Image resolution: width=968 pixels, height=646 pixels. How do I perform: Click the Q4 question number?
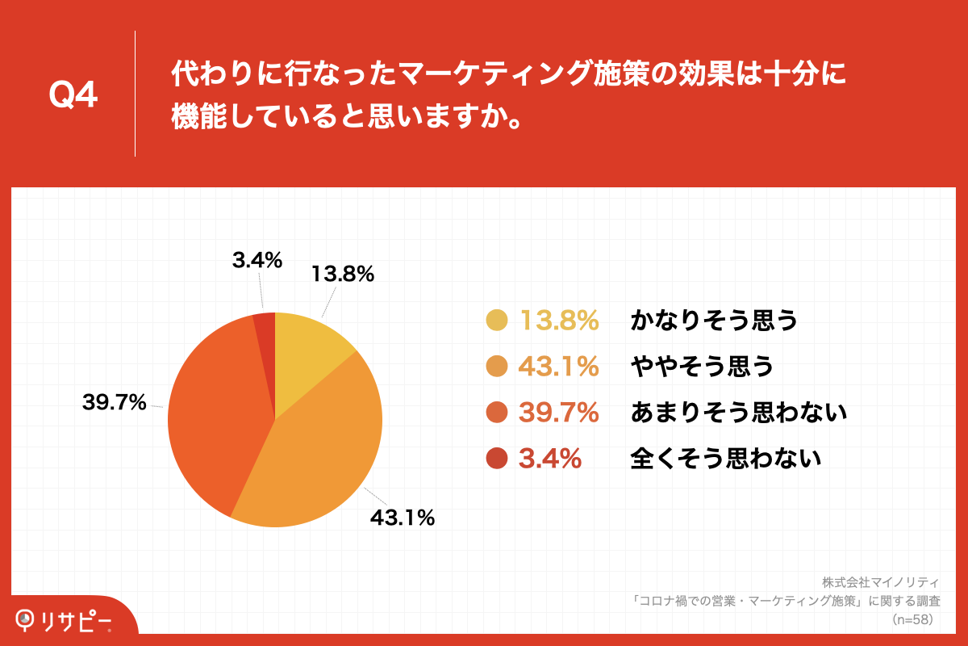tap(73, 96)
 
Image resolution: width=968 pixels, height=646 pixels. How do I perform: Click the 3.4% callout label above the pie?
tap(257, 260)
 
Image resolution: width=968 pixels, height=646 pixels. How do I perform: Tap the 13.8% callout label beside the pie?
tap(343, 275)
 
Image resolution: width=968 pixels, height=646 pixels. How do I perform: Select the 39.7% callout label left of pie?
tap(115, 401)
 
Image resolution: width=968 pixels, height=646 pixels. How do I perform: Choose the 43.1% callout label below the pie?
tap(403, 518)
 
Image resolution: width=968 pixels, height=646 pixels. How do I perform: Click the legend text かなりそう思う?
tap(714, 321)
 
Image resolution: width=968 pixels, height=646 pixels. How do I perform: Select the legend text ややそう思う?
tap(702, 367)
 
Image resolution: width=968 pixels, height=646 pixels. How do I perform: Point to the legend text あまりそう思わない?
tap(738, 413)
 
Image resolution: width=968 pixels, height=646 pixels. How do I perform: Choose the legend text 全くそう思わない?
tap(726, 459)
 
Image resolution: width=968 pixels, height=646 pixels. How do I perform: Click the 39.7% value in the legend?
tap(558, 413)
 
